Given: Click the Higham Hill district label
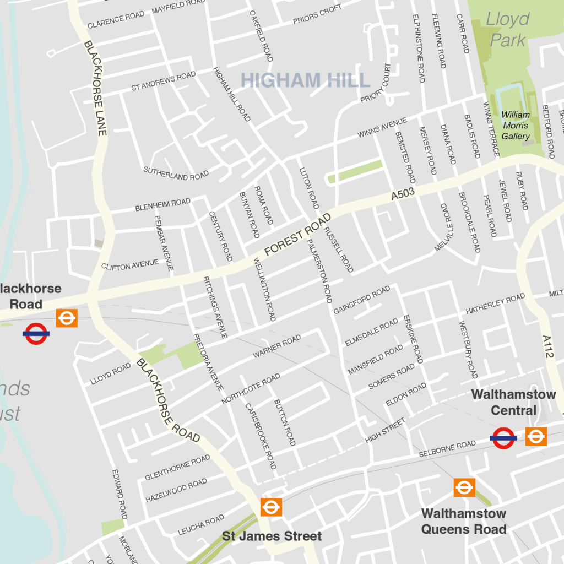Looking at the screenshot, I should click(x=306, y=80).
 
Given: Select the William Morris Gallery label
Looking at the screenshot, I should click(x=516, y=126).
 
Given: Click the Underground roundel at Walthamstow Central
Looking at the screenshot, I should click(x=503, y=438).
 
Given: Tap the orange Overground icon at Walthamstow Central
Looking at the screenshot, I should click(x=535, y=437).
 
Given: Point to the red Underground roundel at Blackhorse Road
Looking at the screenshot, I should click(x=36, y=333).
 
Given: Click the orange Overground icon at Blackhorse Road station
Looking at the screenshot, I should click(x=67, y=318).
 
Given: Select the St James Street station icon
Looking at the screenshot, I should click(x=271, y=507).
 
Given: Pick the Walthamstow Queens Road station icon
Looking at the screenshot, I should click(x=464, y=487).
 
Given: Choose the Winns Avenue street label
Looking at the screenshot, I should click(x=382, y=127).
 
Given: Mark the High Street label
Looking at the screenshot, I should click(x=385, y=430).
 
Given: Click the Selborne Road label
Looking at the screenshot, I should click(x=447, y=449).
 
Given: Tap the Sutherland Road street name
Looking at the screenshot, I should click(x=176, y=173).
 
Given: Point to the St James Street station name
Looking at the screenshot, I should click(x=272, y=536).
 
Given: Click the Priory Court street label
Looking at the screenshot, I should click(x=376, y=83).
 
